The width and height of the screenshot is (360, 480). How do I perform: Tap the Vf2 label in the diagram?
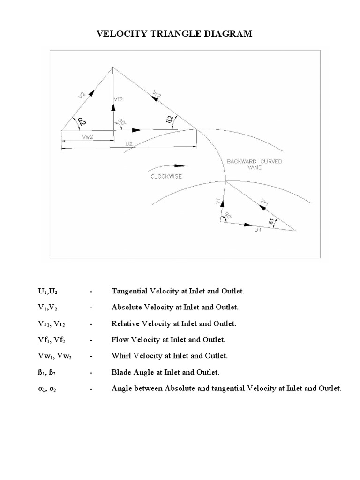[x=119, y=99]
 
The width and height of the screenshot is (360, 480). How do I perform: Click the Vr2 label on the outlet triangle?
[x=157, y=94]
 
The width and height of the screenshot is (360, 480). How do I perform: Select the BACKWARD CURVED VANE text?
[x=255, y=164]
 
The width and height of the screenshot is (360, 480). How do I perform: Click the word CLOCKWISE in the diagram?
[x=166, y=176]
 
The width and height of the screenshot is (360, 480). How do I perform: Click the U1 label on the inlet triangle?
[x=258, y=230]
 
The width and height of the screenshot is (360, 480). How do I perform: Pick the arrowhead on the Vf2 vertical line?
[x=113, y=106]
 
